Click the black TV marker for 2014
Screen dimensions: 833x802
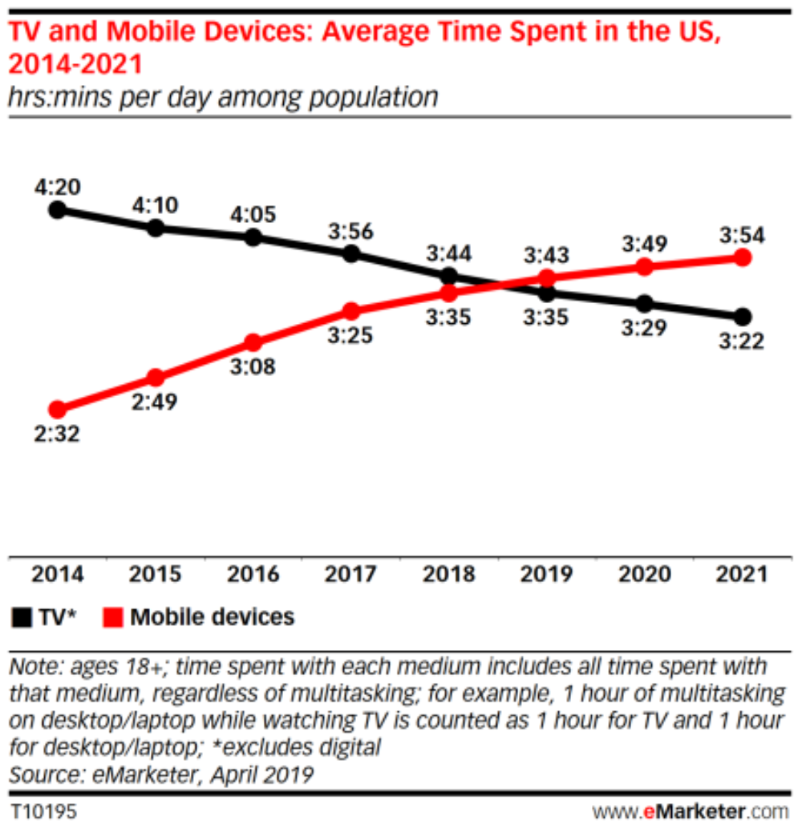pyautogui.click(x=56, y=210)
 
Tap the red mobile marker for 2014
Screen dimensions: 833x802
pyautogui.click(x=56, y=410)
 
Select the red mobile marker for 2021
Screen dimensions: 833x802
pyautogui.click(x=743, y=257)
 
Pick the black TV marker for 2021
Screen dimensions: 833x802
pyautogui.click(x=743, y=316)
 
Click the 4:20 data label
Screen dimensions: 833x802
pyautogui.click(x=56, y=186)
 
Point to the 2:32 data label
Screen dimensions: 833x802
pyautogui.click(x=56, y=435)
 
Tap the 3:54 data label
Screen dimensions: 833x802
pyautogui.click(x=742, y=235)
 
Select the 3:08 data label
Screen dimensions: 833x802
pyautogui.click(x=253, y=367)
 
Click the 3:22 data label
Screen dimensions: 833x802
pyautogui.click(x=742, y=342)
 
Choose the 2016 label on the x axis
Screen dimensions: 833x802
pyautogui.click(x=253, y=574)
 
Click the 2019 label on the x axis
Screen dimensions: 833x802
pyautogui.click(x=546, y=574)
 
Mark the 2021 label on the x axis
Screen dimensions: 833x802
pyautogui.click(x=742, y=574)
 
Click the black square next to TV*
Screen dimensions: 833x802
pyautogui.click(x=20, y=617)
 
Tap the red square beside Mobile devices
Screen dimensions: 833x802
pyautogui.click(x=114, y=617)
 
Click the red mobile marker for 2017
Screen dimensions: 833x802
pyautogui.click(x=351, y=311)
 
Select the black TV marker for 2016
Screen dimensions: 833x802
pyautogui.click(x=253, y=237)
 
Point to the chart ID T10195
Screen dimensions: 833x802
pyautogui.click(x=44, y=811)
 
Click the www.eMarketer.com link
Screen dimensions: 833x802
pyautogui.click(x=690, y=811)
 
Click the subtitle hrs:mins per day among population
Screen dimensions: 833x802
pyautogui.click(x=223, y=98)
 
